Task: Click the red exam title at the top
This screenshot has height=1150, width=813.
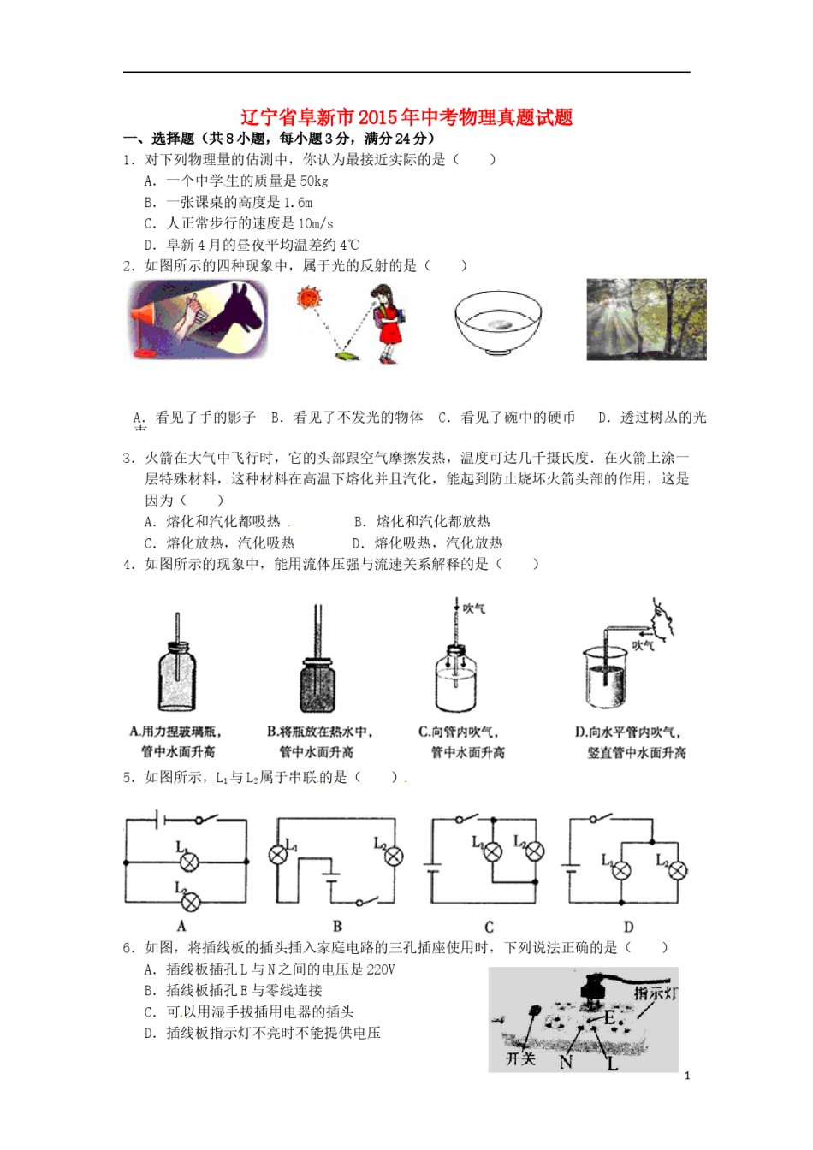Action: click(x=406, y=117)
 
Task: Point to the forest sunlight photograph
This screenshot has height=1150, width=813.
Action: click(x=646, y=318)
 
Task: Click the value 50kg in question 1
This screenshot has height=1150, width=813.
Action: click(x=314, y=181)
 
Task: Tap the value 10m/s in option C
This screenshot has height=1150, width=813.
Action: click(x=315, y=223)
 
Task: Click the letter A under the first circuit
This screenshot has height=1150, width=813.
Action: click(x=181, y=926)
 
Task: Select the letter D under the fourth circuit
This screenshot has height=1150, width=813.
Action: click(x=628, y=927)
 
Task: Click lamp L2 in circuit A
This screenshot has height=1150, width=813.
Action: click(x=190, y=901)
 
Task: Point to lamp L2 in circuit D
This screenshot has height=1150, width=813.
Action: click(x=677, y=871)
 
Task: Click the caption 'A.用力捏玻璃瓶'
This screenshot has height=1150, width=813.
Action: click(x=176, y=732)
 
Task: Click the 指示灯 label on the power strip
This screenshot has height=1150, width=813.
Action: click(x=656, y=993)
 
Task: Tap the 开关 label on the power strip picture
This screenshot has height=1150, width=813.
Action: click(x=520, y=1058)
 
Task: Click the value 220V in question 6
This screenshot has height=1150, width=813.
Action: click(x=380, y=969)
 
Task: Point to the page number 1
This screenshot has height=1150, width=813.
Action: click(x=687, y=1076)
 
